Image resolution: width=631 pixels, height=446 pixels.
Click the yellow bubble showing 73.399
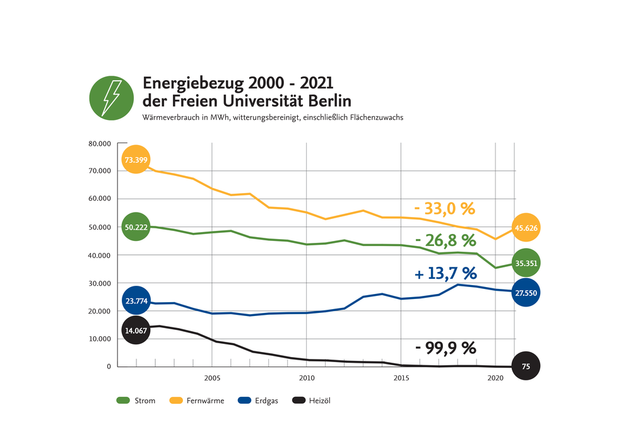click(136, 160)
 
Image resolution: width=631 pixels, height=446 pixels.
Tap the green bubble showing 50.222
click(136, 227)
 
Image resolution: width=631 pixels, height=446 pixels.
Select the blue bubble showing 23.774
click(136, 301)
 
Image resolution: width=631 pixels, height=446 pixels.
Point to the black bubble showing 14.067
click(136, 329)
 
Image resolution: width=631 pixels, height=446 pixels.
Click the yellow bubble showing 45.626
click(526, 228)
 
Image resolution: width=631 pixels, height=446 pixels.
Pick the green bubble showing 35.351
click(526, 263)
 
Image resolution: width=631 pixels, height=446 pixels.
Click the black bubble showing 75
click(526, 366)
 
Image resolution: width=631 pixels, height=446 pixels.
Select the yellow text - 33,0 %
click(444, 208)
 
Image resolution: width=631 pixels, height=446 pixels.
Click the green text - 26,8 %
click(445, 240)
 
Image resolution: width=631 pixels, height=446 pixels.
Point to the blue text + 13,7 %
click(445, 273)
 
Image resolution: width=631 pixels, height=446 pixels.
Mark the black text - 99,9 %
click(445, 348)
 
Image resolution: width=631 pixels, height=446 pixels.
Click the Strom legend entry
click(136, 401)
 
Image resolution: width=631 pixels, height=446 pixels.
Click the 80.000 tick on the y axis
click(99, 144)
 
